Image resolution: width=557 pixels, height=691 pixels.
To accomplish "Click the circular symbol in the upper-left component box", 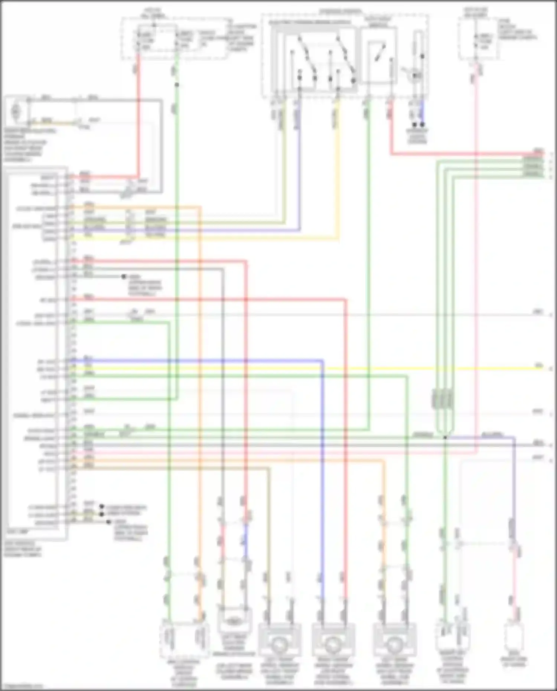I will click(x=16, y=110).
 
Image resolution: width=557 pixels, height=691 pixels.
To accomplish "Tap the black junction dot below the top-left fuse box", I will click(x=177, y=85).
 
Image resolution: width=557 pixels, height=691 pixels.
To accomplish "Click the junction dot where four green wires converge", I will click(x=445, y=437).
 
